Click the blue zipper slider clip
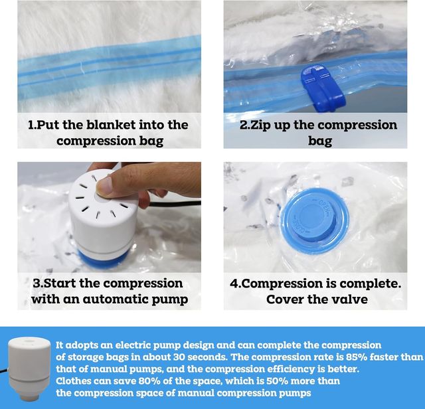323,88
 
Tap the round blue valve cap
315,221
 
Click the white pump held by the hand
103,212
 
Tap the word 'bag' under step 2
320,141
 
